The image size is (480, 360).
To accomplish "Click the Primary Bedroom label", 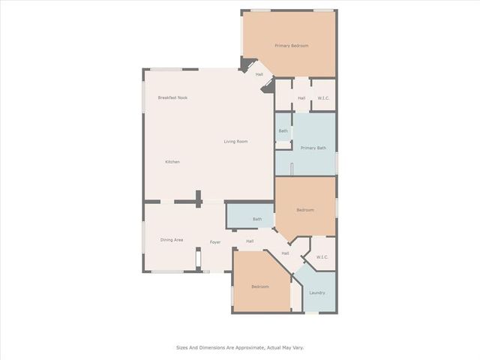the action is (x=292, y=46).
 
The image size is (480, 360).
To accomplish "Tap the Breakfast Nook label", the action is (x=172, y=97).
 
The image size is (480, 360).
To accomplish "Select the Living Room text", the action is (x=235, y=142).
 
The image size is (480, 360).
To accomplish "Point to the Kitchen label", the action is (x=172, y=162).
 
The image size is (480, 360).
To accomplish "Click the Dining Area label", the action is (x=172, y=240).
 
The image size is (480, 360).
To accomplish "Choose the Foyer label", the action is (x=215, y=242).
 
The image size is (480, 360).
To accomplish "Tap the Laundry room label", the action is (x=317, y=293).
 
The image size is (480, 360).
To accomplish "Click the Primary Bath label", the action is (x=313, y=148).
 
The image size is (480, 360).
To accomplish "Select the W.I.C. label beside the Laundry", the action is (x=322, y=257).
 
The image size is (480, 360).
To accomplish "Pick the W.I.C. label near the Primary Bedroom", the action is (x=323, y=98).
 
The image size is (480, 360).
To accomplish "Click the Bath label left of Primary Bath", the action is (x=283, y=131).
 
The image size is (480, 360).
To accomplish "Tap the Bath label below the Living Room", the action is (x=257, y=219).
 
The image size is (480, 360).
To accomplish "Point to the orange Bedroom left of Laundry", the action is (x=260, y=286).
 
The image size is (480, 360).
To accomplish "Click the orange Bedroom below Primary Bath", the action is (x=305, y=210).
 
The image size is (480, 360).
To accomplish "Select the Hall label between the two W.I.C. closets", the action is (x=285, y=253).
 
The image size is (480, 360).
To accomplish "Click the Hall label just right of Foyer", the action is (x=250, y=241).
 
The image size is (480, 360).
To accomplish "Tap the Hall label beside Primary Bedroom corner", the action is (x=259, y=74).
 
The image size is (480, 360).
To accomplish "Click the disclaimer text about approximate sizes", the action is (x=240, y=348).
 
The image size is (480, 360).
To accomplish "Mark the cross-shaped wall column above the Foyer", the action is (x=199, y=199).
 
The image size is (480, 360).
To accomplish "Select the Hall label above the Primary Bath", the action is (x=301, y=98).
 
